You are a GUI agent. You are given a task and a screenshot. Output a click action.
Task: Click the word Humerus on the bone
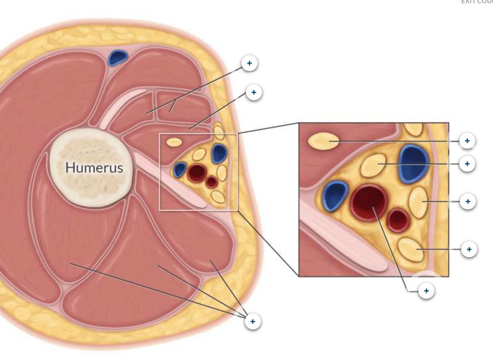pos(94,168)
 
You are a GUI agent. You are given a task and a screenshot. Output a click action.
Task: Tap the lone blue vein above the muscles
pos(118,58)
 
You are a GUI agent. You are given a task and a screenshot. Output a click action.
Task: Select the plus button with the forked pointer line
pos(249,63)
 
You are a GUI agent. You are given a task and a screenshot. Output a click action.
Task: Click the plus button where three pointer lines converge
pos(252,321)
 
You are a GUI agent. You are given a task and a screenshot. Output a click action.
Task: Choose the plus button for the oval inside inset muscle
pos(467,141)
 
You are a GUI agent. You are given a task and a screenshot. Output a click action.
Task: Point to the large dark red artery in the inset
pos(369,202)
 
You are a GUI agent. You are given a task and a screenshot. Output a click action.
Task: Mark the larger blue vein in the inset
pos(414,162)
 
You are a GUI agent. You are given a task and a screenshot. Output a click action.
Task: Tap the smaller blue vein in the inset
pos(335,196)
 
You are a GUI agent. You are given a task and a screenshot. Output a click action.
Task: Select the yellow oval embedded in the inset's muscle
pos(323,141)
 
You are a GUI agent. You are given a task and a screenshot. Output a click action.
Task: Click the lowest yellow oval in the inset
pos(410,249)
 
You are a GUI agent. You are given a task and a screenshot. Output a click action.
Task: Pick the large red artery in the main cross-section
pos(196,173)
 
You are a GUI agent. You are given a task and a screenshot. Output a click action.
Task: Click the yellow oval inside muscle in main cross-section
pos(174,142)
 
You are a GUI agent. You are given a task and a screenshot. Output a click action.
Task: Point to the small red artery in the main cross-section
pos(211,182)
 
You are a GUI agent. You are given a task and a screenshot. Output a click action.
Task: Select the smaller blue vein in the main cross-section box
pos(180,169)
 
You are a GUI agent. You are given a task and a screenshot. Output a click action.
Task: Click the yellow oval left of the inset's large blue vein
pos(373,165)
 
